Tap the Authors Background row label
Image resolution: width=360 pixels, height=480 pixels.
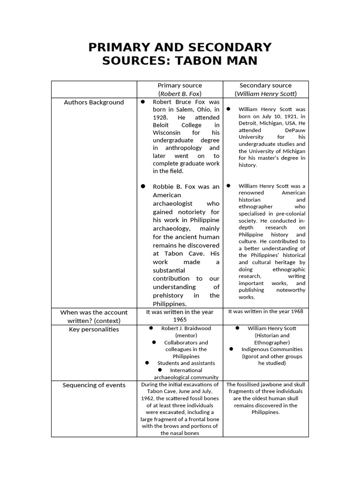pos(94,102)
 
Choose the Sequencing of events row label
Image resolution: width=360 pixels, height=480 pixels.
pos(94,385)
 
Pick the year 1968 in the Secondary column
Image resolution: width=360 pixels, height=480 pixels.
pos(296,311)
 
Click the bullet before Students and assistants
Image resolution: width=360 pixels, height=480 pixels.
pos(147,363)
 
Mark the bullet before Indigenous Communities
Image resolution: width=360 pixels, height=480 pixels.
pos(232,349)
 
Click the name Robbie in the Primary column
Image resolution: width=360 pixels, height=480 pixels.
pos(162,186)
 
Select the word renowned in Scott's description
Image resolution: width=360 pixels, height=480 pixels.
pos(251,193)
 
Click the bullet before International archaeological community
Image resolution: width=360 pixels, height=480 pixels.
pos(160,370)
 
